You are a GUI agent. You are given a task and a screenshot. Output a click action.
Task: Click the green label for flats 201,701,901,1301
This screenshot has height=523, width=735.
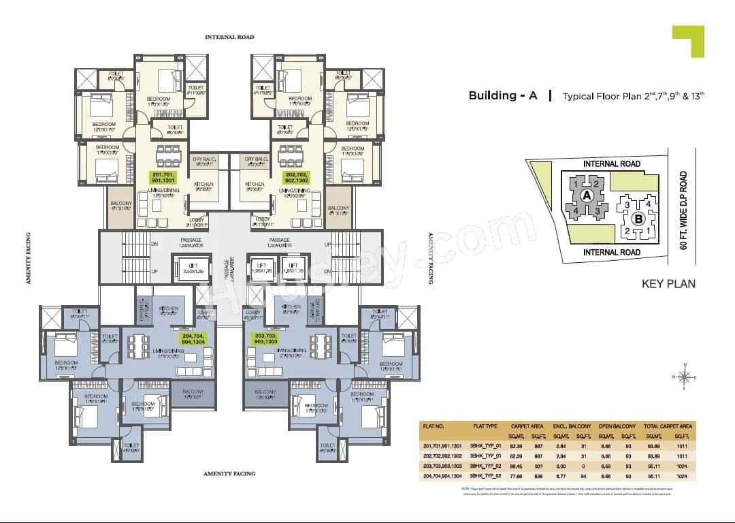[x=163, y=178]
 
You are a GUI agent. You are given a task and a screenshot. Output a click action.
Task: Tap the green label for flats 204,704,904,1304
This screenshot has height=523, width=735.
[x=195, y=340]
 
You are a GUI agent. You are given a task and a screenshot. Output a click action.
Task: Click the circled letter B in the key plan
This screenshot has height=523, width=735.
[x=638, y=219]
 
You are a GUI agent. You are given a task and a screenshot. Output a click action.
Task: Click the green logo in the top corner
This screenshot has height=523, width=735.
[x=688, y=41]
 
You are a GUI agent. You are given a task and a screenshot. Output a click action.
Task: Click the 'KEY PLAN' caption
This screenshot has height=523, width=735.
[x=668, y=283]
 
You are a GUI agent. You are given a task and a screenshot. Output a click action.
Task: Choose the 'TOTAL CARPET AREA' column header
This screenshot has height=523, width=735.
[x=663, y=424]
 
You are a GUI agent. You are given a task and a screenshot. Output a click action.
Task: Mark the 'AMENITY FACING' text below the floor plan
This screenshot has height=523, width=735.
[x=229, y=473]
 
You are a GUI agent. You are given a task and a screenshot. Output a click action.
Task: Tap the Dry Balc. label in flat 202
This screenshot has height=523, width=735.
[x=257, y=159]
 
